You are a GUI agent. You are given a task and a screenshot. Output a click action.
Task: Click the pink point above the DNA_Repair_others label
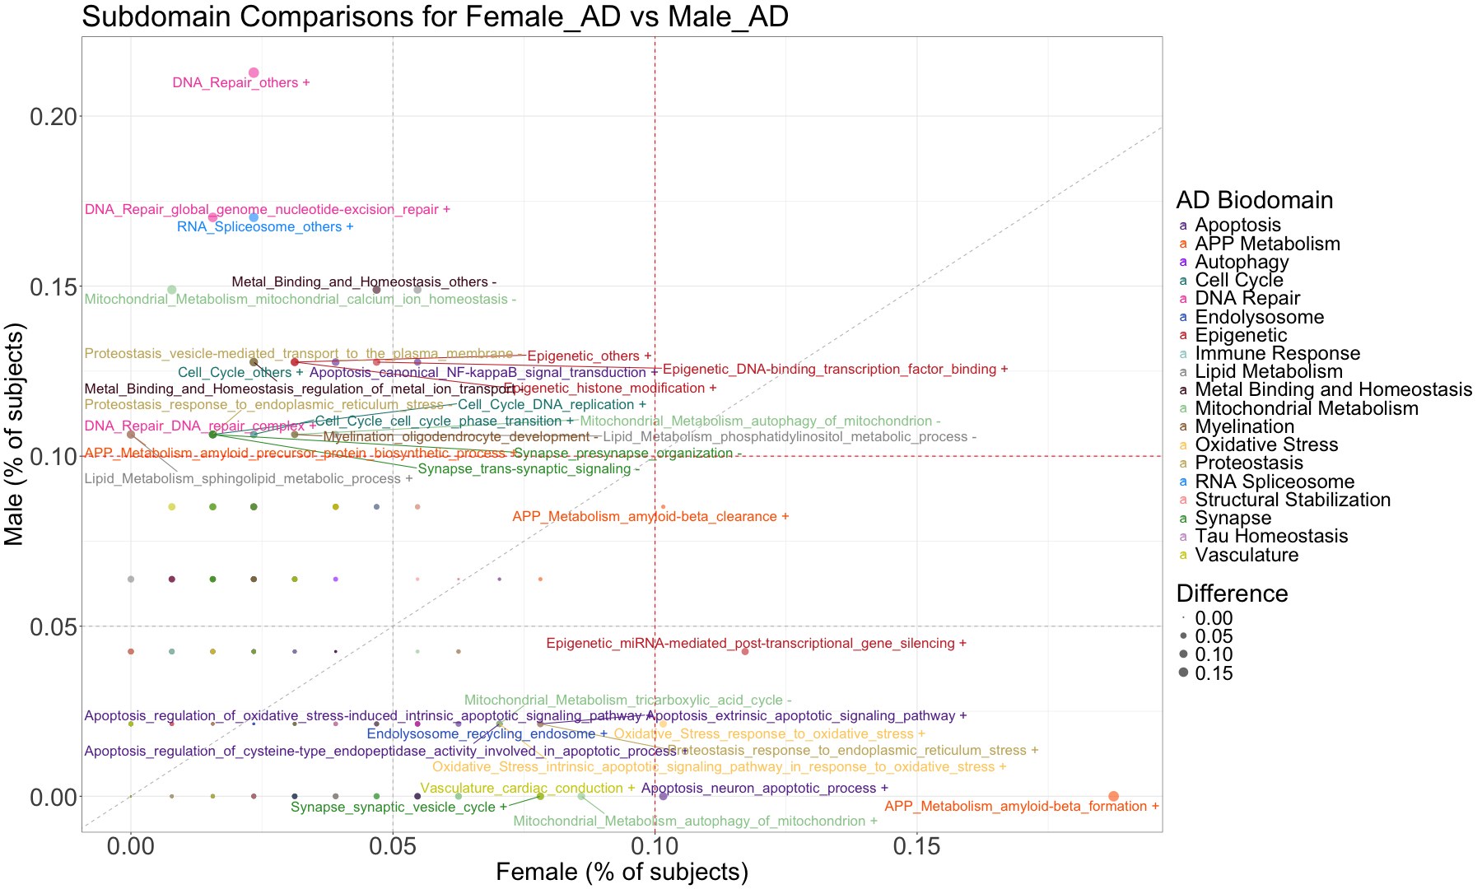(254, 73)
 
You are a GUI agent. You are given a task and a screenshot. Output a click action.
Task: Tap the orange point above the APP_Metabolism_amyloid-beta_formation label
(1113, 796)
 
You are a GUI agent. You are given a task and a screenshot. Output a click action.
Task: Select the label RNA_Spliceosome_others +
(265, 227)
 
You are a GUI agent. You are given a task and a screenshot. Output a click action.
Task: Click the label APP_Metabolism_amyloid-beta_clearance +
(650, 517)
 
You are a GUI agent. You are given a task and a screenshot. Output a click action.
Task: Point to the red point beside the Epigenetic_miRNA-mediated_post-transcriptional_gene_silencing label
(745, 651)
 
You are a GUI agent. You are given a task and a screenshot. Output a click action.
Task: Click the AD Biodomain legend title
(1254, 200)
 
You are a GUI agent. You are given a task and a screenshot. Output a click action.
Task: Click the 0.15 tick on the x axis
(916, 847)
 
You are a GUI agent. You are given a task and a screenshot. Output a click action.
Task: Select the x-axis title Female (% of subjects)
(622, 873)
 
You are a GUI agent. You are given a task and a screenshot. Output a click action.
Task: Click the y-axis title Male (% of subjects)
(15, 434)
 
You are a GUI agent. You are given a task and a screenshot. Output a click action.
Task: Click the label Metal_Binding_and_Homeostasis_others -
(364, 282)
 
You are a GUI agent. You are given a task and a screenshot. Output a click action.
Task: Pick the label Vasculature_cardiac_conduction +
(528, 789)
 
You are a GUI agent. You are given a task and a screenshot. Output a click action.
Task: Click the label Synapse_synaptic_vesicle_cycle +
(398, 808)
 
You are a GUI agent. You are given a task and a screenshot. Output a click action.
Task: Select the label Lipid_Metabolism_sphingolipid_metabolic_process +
(249, 479)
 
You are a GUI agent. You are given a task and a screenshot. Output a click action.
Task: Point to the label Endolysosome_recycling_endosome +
(487, 734)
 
